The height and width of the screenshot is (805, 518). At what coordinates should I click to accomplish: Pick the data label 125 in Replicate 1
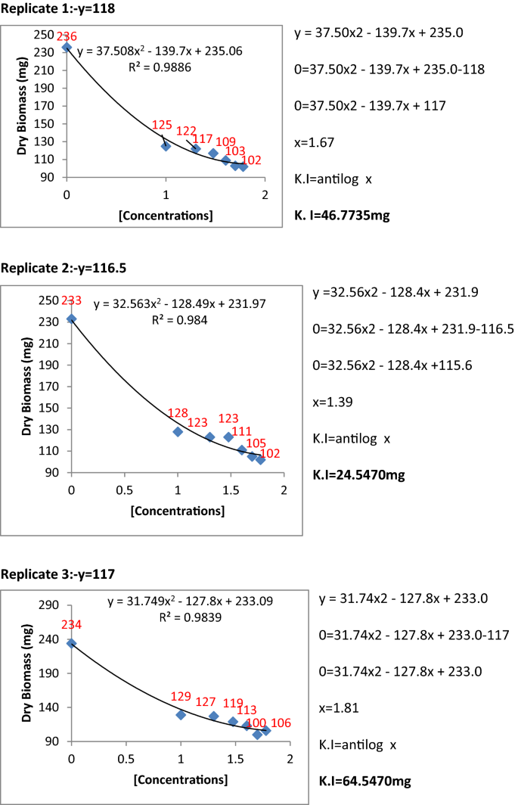coord(163,125)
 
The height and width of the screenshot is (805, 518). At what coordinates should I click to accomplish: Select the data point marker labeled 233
coord(72,319)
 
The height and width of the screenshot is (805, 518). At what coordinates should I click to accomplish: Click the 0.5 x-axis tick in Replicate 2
coord(125,489)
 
